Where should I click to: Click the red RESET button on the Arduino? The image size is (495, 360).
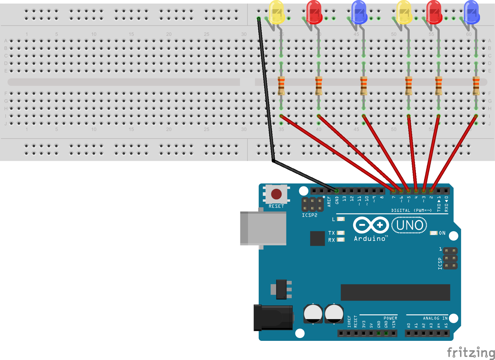click(276, 194)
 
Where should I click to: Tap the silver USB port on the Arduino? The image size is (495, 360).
click(263, 228)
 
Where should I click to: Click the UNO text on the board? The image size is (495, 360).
click(409, 225)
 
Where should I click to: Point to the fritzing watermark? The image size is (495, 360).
click(471, 353)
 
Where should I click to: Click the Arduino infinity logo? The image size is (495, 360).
click(371, 225)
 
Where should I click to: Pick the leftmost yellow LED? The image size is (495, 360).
click(276, 12)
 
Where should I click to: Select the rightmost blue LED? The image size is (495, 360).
click(471, 12)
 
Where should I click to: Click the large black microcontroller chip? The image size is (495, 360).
click(395, 292)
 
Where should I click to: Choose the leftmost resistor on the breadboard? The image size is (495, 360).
click(281, 86)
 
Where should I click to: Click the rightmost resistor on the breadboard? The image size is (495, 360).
click(476, 86)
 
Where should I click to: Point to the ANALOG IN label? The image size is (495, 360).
click(435, 318)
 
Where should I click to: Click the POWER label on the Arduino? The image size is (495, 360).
click(390, 318)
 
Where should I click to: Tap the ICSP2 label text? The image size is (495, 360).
click(309, 215)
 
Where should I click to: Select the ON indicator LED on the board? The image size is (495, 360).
click(433, 233)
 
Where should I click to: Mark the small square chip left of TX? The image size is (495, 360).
click(317, 238)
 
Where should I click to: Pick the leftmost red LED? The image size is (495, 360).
click(314, 12)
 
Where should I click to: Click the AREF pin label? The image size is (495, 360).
click(329, 202)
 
